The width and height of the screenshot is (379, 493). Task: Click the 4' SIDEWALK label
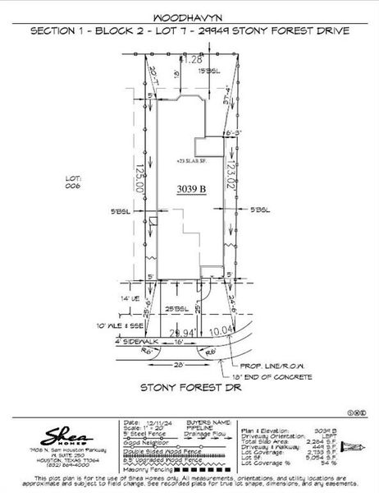tap(137, 340)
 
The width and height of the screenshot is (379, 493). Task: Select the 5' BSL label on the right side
tap(260, 210)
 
